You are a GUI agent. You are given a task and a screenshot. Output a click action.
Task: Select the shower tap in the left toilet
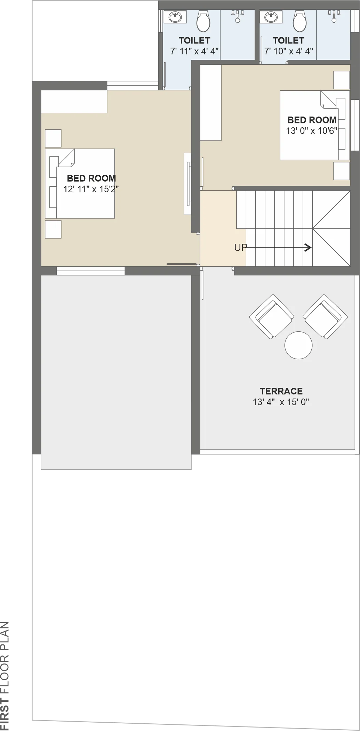point(238,16)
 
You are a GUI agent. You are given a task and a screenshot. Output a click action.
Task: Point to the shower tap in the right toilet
point(334,16)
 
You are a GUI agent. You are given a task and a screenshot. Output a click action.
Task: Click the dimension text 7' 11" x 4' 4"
point(194,51)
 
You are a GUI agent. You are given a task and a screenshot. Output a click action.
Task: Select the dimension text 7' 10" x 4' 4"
point(289,51)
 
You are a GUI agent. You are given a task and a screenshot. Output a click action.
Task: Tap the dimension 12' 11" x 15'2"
point(91,189)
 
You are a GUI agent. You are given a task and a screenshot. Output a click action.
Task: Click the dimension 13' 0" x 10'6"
point(312,131)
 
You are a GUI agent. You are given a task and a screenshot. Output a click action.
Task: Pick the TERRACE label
point(281,391)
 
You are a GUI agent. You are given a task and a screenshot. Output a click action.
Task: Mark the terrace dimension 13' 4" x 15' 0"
point(281,402)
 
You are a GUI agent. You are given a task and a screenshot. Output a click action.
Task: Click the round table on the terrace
point(298,345)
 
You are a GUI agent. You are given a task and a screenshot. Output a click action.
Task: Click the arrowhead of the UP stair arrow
point(308,248)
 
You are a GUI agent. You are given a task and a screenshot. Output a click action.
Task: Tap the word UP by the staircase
point(241,248)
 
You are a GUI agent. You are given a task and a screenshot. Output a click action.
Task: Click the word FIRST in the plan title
point(5,714)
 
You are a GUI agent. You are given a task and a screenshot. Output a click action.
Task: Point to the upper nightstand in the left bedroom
point(53,138)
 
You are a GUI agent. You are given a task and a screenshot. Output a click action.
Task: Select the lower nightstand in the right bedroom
point(342,171)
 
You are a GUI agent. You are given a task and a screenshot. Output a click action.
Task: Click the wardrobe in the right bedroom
point(211,103)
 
